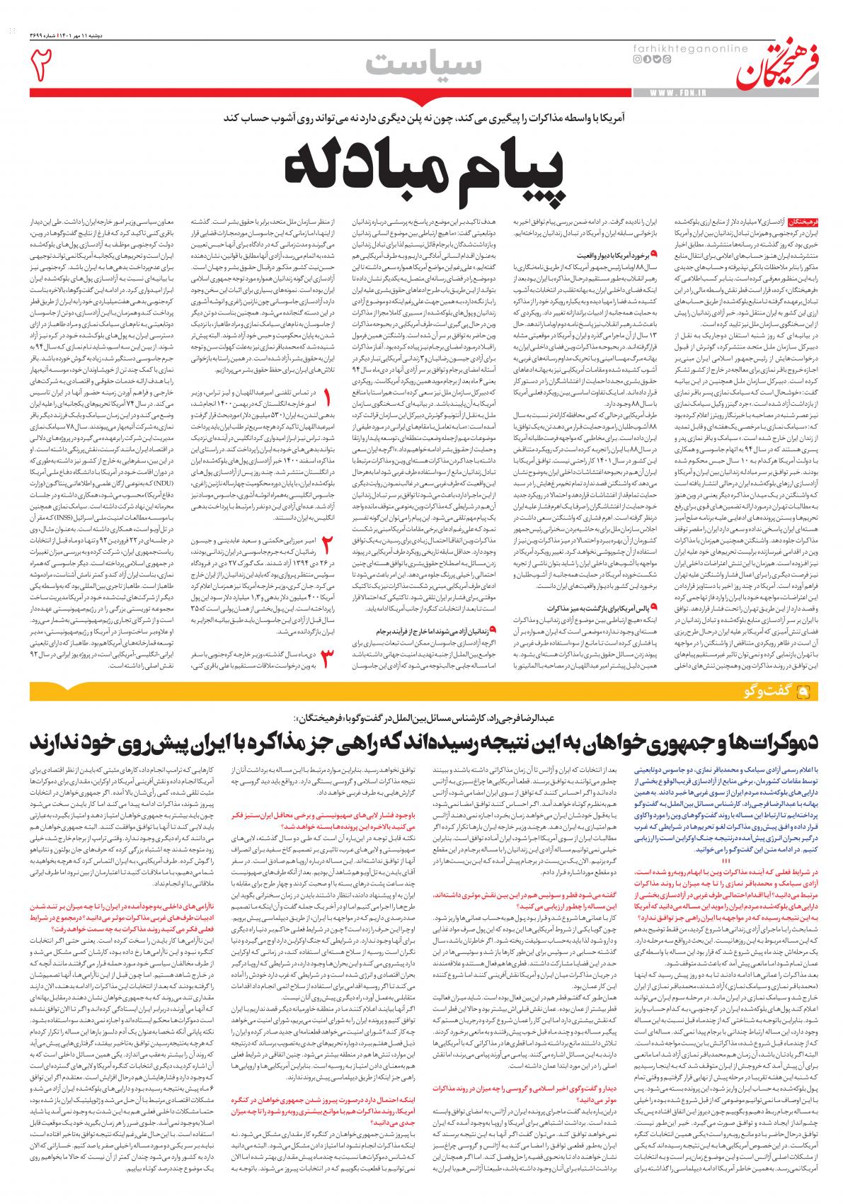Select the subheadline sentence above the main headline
pos(421,120)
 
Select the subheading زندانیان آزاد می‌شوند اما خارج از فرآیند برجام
pos(432,627)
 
